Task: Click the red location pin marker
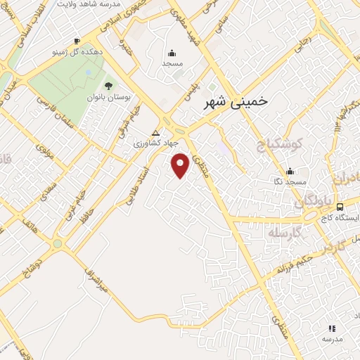pyautogui.click(x=181, y=165)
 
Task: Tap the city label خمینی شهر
pyautogui.click(x=235, y=102)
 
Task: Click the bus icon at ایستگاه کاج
pyautogui.click(x=340, y=207)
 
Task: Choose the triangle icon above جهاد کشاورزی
pyautogui.click(x=155, y=132)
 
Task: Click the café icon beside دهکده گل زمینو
pyautogui.click(x=77, y=41)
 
